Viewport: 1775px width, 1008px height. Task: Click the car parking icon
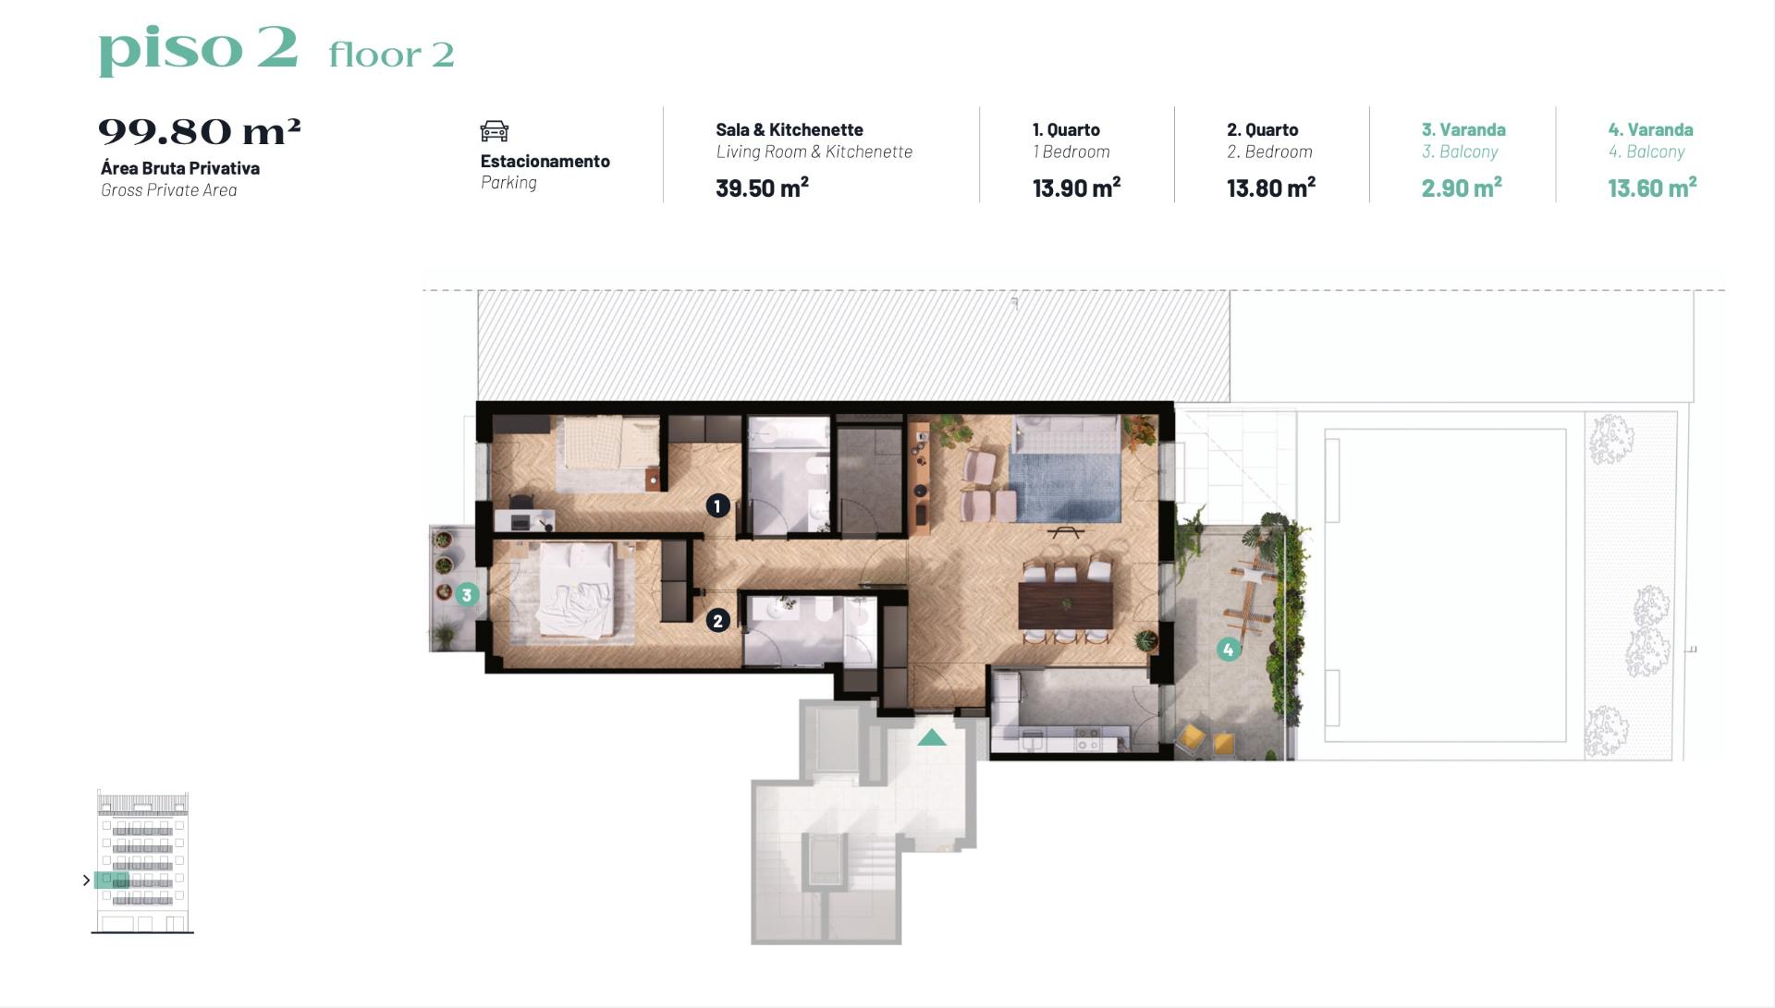click(x=495, y=131)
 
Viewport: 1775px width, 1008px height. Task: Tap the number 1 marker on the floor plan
click(x=717, y=505)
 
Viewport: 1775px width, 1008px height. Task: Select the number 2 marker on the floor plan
click(x=718, y=621)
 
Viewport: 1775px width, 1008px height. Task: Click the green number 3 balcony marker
click(x=467, y=595)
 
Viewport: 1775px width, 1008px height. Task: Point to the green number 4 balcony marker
click(x=1228, y=650)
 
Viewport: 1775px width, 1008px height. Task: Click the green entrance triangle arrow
click(x=932, y=737)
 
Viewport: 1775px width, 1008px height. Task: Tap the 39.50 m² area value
click(x=762, y=188)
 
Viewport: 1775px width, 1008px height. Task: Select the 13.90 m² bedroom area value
click(x=1076, y=188)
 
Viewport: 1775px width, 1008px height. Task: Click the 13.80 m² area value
click(x=1271, y=188)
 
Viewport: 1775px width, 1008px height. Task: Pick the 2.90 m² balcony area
click(x=1462, y=188)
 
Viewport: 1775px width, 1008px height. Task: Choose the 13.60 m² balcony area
click(x=1652, y=188)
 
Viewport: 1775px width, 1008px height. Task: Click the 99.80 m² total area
click(x=200, y=131)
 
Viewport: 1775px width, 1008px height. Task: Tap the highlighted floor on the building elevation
click(x=112, y=880)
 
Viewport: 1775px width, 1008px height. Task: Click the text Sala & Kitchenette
click(x=790, y=129)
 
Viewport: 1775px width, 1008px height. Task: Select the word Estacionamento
click(x=545, y=161)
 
